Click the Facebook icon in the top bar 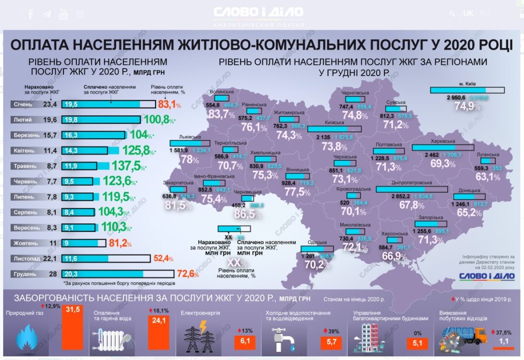[x=31, y=14]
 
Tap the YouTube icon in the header [x=63, y=14]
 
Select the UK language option [x=468, y=14]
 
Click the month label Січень [x=23, y=104]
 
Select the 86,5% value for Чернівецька [x=246, y=214]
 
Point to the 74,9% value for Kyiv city [x=466, y=107]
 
